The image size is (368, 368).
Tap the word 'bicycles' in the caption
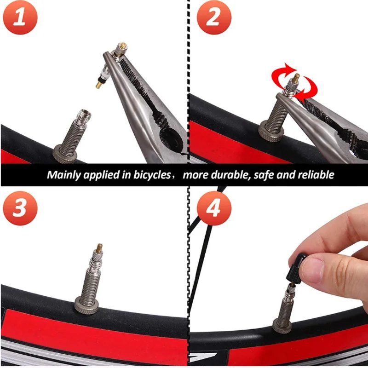click(150, 175)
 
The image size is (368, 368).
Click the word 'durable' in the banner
click(224, 175)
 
